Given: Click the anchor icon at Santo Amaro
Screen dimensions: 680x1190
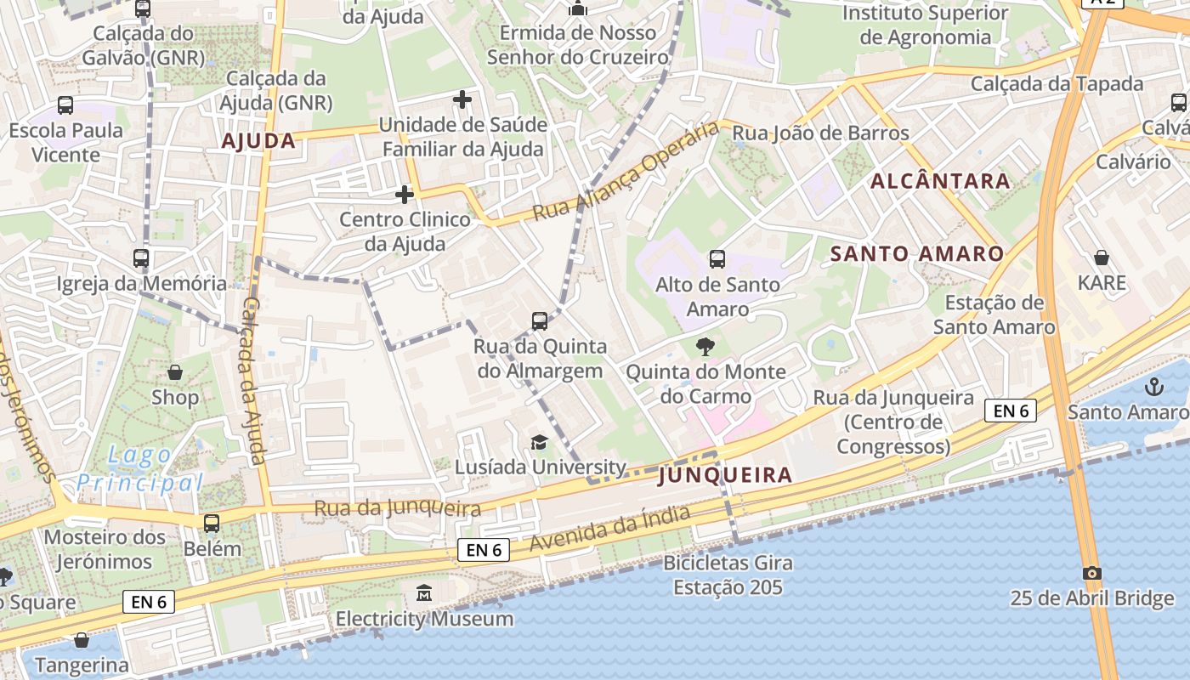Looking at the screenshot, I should tap(1153, 388).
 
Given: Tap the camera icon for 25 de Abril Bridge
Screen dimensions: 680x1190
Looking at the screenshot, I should tap(1092, 574).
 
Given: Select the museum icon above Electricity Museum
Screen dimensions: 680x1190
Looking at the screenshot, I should tap(424, 592).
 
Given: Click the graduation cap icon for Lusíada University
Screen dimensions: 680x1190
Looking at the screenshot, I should tap(539, 442).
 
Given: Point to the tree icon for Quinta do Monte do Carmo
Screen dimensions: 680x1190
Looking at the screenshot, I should tap(705, 346).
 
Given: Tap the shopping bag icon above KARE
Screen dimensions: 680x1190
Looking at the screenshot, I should tap(1102, 257).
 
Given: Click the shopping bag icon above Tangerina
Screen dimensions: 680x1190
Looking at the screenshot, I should tap(82, 639).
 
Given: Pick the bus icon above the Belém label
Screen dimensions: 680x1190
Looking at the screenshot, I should tap(211, 524).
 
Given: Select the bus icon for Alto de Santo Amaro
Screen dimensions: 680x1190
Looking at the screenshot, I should tap(717, 258).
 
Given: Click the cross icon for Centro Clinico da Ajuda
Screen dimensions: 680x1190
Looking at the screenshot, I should tap(405, 195).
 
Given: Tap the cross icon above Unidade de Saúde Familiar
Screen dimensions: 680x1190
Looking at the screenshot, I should tap(462, 99).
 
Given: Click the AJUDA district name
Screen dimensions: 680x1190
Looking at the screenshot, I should tap(258, 141).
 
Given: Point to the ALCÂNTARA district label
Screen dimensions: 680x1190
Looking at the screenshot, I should tap(940, 181).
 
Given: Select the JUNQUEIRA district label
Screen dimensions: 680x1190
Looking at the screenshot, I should tap(725, 476).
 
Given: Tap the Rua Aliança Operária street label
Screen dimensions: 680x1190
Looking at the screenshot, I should tap(626, 171).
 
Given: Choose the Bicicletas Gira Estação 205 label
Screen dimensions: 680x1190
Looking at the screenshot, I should tap(728, 575).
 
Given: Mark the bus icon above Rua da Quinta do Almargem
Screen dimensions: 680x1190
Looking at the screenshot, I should tap(540, 320).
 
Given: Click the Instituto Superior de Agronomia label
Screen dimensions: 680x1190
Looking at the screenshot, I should tap(925, 25).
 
